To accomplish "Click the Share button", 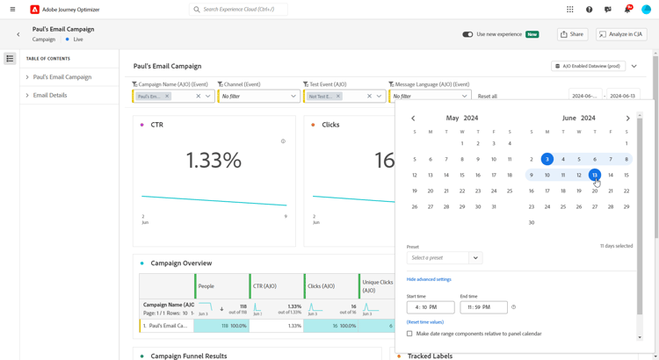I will pyautogui.click(x=573, y=34).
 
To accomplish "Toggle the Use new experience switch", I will pyautogui.click(x=467, y=34).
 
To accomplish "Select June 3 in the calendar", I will pyautogui.click(x=547, y=159).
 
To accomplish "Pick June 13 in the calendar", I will pyautogui.click(x=595, y=175).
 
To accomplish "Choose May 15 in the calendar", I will pyautogui.click(x=462, y=175).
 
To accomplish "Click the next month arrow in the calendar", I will pyautogui.click(x=627, y=118).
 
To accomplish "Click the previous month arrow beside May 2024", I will pyautogui.click(x=413, y=118).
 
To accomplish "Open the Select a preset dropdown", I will pyautogui.click(x=445, y=258).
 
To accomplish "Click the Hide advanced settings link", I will pyautogui.click(x=429, y=279).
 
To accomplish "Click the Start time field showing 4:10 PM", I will pyautogui.click(x=431, y=307).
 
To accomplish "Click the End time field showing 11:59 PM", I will pyautogui.click(x=483, y=307).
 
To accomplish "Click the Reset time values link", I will pyautogui.click(x=425, y=322).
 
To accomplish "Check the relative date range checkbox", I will pyautogui.click(x=409, y=334).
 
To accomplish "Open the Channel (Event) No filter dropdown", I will pyautogui.click(x=258, y=96).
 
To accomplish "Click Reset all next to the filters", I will pyautogui.click(x=488, y=96).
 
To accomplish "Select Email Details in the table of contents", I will pyautogui.click(x=50, y=95).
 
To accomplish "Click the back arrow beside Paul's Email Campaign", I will pyautogui.click(x=18, y=34).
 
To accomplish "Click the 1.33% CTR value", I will pyautogui.click(x=214, y=160).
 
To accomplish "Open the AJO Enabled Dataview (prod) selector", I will pyautogui.click(x=588, y=66).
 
